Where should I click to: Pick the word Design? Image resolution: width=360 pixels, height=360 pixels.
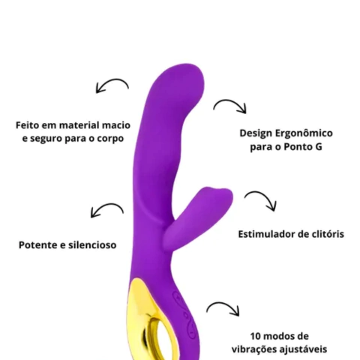[x=256, y=133]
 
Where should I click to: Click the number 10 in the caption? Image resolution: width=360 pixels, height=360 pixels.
[x=256, y=336]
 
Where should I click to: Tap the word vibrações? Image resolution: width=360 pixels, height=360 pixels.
[x=253, y=349]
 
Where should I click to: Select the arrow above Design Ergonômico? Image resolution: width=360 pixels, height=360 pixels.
[x=230, y=100]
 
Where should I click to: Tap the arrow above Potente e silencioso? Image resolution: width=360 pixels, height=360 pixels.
[x=107, y=205]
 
